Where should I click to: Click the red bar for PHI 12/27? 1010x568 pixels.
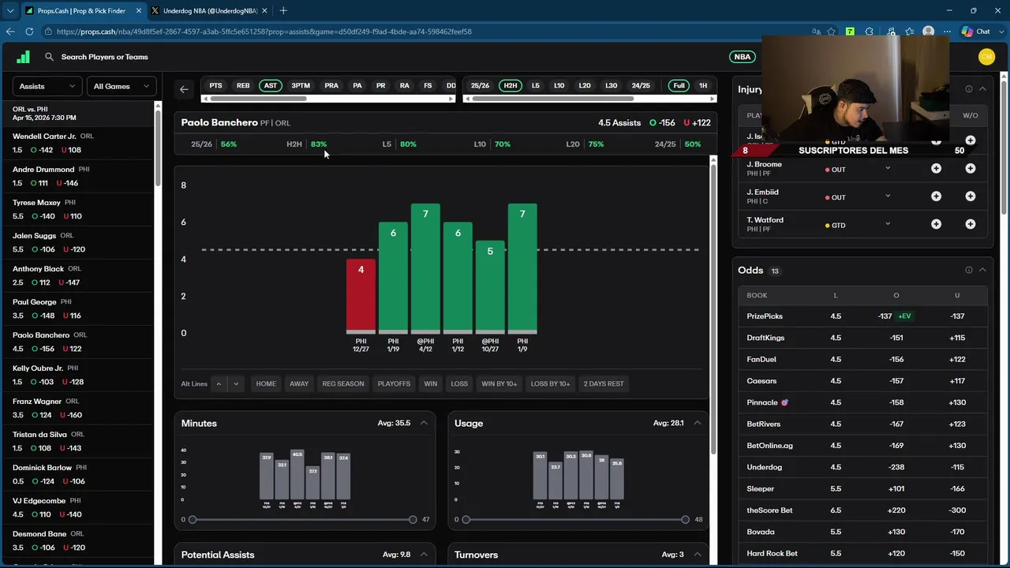pos(361,295)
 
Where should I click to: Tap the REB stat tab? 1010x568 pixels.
pos(243,85)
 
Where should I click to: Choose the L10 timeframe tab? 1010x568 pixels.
pos(559,85)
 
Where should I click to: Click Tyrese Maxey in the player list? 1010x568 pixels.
pos(36,203)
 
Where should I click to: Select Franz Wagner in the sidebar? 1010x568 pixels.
pos(36,402)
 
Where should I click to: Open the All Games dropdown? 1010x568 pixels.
pos(121,86)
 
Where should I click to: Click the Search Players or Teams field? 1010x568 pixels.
pos(104,57)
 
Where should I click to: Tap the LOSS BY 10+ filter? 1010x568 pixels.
pos(550,383)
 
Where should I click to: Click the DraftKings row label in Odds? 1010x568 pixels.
pos(765,338)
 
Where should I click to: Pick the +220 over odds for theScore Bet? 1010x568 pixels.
pos(896,510)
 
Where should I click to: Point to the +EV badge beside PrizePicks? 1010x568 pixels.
pos(904,316)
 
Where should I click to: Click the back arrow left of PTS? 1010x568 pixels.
pos(184,89)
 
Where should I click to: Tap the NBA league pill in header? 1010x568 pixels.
pos(742,57)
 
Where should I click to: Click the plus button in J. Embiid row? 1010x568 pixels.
pos(936,196)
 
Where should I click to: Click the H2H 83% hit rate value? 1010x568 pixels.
pos(319,144)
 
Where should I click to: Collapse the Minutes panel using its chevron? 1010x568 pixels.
pos(424,423)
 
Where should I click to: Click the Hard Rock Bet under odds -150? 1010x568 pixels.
pos(957,553)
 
